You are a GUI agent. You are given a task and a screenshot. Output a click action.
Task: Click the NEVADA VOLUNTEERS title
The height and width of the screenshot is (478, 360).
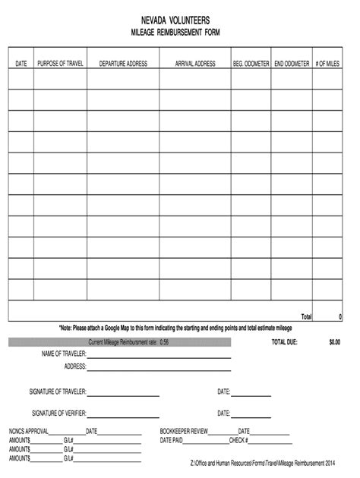coord(180,20)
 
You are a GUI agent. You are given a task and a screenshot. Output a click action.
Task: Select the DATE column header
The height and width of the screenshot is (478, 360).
coord(21,64)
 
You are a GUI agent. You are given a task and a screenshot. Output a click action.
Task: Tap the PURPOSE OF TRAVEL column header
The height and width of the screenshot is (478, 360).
coord(60,64)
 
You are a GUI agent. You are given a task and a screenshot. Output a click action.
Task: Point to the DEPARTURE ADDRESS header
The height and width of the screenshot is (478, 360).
coord(123,64)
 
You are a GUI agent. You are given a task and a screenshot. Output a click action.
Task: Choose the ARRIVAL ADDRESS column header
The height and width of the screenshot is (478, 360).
coord(195,64)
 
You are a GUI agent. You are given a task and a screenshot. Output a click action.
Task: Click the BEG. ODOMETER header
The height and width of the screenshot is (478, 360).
coord(251,64)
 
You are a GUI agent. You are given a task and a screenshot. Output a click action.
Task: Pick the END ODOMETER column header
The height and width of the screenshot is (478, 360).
coord(292,64)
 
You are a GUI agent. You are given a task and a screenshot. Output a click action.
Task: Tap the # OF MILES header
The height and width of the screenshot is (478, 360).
coord(328,64)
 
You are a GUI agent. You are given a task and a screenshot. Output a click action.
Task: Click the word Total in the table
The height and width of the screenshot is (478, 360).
coord(306,316)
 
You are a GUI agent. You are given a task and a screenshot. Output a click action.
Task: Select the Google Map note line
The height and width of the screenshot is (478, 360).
coord(175,328)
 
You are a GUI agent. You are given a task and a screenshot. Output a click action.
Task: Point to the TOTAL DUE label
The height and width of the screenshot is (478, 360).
coord(285,342)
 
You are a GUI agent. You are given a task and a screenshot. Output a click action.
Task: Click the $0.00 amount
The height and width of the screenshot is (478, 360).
coord(335,342)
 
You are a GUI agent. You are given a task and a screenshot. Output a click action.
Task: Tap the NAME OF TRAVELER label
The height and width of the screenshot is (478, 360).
coord(63,354)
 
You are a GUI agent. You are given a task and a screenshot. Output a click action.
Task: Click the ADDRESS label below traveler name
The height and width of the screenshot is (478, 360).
coord(75,366)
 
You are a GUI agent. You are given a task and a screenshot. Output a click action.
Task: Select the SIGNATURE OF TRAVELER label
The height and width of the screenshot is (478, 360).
coord(58,392)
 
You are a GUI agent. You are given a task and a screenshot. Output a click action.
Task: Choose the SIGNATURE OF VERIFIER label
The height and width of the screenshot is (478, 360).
coord(59,414)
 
